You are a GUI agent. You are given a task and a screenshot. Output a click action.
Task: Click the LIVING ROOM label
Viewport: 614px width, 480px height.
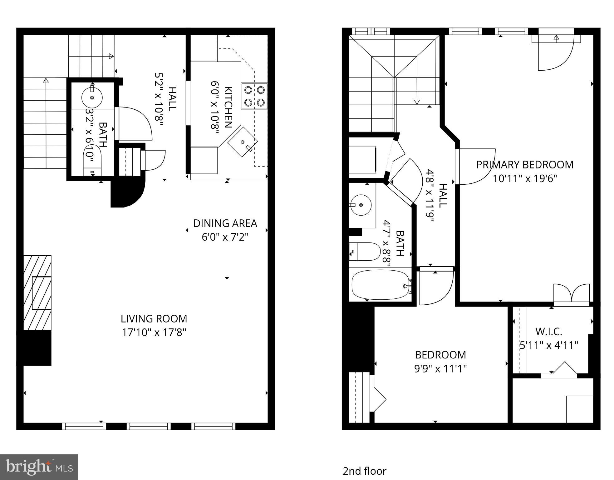click(154, 319)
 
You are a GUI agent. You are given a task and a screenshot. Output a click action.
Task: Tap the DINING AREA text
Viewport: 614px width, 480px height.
click(225, 223)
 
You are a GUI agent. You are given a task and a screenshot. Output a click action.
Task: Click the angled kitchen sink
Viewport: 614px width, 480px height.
click(243, 142)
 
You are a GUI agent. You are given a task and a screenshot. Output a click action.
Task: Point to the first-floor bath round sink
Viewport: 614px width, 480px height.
click(92, 97)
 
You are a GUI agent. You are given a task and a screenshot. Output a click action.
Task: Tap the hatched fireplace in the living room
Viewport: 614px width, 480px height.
click(37, 292)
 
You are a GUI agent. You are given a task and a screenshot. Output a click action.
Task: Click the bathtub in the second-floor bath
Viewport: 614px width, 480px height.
click(380, 284)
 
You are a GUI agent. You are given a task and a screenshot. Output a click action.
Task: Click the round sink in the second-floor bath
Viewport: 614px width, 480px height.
click(361, 205)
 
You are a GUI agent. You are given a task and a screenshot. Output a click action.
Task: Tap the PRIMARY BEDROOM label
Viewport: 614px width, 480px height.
click(525, 165)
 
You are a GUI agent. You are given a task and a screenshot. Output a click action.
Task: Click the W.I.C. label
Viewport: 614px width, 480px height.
click(548, 331)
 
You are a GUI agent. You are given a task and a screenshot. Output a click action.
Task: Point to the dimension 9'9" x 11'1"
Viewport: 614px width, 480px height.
click(440, 369)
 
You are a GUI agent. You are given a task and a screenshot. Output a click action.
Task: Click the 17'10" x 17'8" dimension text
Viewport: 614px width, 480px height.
click(154, 332)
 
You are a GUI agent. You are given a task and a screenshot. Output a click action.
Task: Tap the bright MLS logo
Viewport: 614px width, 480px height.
click(39, 467)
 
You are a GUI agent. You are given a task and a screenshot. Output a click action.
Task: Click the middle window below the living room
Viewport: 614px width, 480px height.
click(149, 426)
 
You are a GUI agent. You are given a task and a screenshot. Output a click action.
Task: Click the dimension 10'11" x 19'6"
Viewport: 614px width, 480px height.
click(525, 178)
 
